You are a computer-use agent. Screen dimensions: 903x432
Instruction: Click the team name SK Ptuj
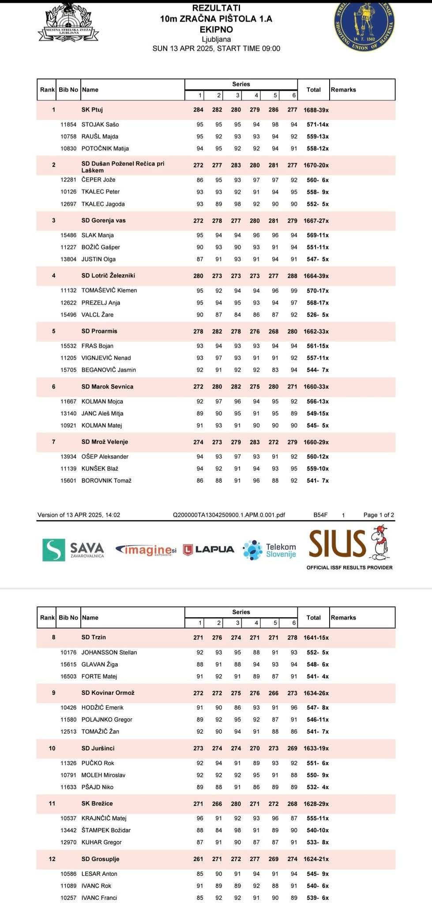coord(92,110)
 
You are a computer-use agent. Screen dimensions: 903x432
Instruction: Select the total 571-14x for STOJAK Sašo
coord(317,125)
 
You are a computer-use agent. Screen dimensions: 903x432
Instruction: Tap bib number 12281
coord(68,180)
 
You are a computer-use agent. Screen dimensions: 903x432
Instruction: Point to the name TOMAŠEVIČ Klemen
coord(109,291)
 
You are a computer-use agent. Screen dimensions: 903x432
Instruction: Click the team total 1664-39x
coord(316,276)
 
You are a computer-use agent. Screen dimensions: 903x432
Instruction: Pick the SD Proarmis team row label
coord(99,331)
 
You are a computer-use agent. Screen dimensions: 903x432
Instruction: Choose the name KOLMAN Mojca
coord(102,402)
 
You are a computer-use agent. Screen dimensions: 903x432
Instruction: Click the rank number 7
coord(54,442)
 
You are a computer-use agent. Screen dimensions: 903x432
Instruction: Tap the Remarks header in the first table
coord(343,90)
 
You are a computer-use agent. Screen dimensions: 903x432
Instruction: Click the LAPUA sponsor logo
coord(209,549)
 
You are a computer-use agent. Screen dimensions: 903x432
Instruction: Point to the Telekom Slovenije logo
coord(270,550)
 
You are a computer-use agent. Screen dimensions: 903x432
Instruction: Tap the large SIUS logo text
coord(338,543)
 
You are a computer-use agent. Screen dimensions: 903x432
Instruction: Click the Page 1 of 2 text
coord(379,515)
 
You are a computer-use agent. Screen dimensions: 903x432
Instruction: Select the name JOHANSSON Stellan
coord(109,653)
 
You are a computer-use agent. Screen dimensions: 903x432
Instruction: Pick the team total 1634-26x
coord(316,693)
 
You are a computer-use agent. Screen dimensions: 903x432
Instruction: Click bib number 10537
coord(68,818)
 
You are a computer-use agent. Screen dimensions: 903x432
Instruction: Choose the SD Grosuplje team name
coord(100,859)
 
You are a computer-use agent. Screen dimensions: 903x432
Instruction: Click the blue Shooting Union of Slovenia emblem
coord(364,25)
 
